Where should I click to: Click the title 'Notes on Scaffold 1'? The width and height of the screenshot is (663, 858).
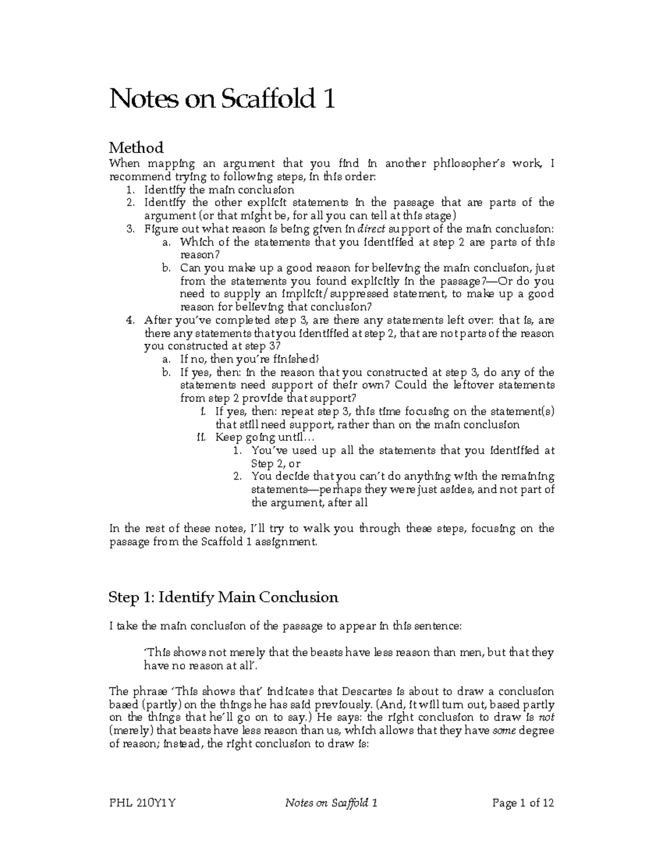pyautogui.click(x=222, y=100)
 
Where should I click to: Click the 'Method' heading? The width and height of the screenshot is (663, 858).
pyautogui.click(x=136, y=148)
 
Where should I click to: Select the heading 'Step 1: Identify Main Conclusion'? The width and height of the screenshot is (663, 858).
pyautogui.click(x=223, y=597)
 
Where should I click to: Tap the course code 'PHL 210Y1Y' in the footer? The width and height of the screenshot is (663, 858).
pyautogui.click(x=142, y=803)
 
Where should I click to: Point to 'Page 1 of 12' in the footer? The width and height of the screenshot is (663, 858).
pyautogui.click(x=522, y=803)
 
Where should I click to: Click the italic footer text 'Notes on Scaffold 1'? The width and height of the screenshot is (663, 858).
pyautogui.click(x=330, y=803)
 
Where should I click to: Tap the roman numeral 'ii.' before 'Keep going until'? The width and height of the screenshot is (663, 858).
pyautogui.click(x=202, y=438)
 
